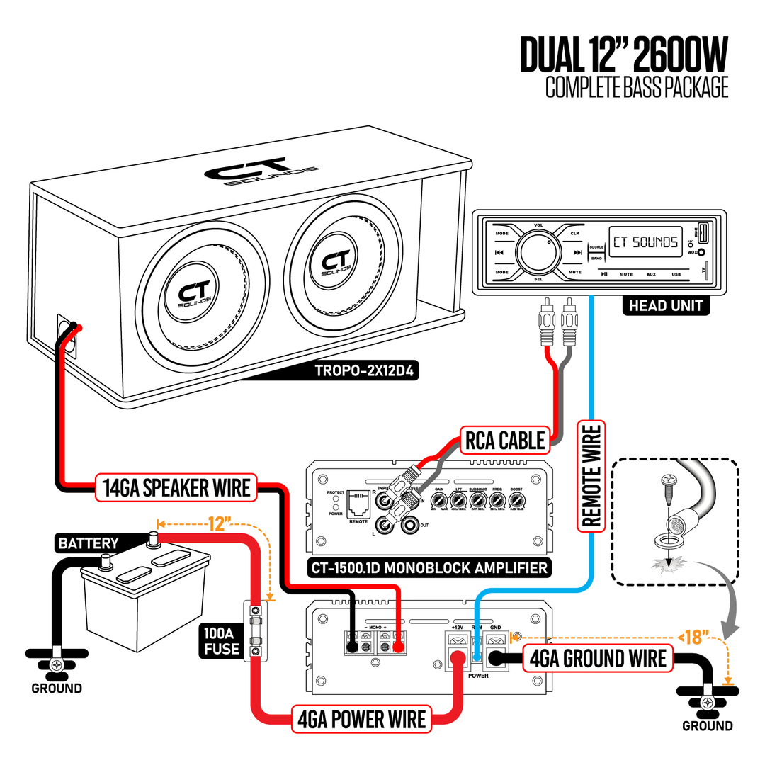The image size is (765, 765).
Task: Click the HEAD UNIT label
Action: point(665,305)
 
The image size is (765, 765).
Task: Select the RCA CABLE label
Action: point(505,441)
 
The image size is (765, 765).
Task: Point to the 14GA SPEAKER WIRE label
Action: point(176,487)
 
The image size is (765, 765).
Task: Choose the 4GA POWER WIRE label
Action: point(362,719)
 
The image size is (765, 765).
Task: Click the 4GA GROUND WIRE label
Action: point(597,658)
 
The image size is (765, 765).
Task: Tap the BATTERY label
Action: point(89,543)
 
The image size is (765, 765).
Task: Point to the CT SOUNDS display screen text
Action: point(645,242)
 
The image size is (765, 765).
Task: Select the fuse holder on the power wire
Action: point(255,630)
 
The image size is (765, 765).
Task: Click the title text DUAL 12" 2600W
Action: point(624,55)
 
